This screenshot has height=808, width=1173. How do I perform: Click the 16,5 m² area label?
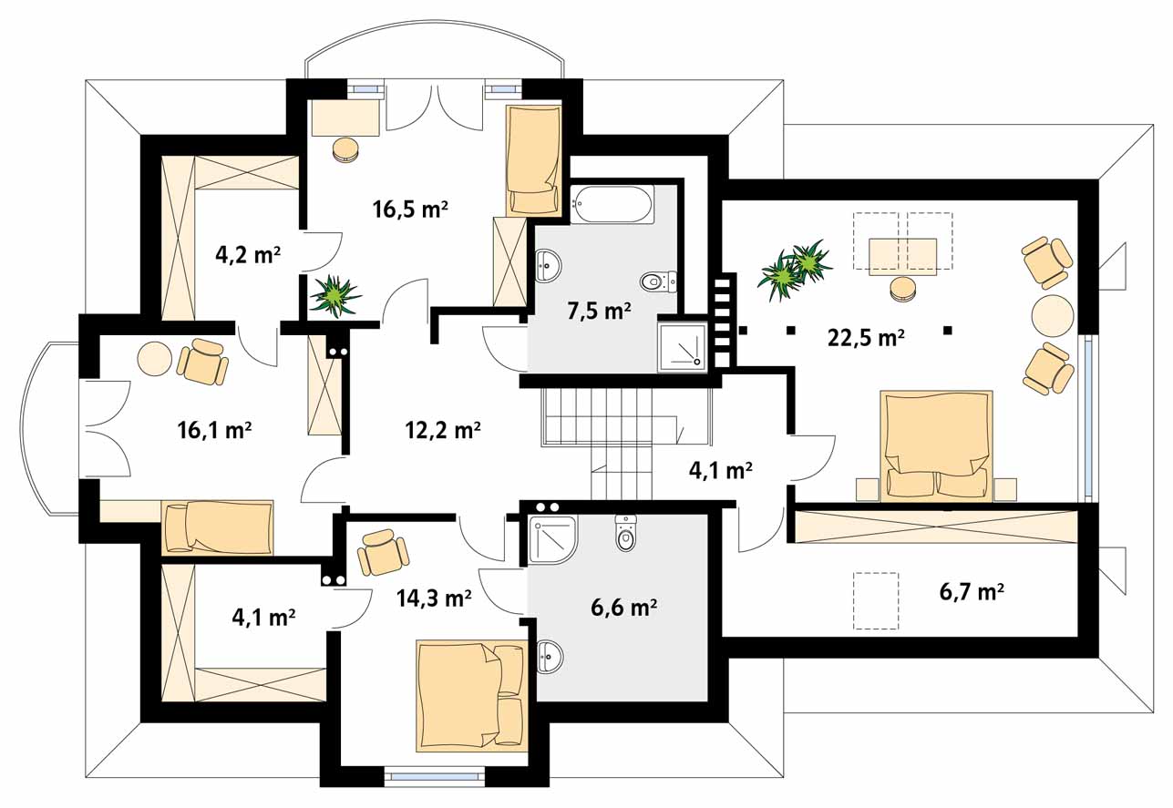410,210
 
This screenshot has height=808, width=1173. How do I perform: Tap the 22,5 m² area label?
866,338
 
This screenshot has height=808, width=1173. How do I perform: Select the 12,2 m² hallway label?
442,430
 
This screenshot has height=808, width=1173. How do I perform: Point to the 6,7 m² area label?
972,592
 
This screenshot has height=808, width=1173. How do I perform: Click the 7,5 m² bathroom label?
599,311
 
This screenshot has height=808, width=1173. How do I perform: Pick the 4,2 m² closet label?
248,255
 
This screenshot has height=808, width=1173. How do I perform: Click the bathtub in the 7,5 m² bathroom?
612,204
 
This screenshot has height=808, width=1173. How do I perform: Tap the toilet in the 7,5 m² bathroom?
658,282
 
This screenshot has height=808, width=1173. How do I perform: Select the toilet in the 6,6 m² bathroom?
626,533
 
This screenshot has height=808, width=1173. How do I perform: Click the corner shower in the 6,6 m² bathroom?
553,539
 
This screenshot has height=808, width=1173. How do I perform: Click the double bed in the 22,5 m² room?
936,446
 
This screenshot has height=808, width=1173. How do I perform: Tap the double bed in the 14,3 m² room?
472,696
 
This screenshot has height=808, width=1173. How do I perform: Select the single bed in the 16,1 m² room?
217,527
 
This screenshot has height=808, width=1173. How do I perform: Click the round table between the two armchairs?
1053,315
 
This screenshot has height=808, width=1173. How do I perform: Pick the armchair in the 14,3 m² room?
383,553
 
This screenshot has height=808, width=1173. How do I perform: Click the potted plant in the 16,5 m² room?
334,297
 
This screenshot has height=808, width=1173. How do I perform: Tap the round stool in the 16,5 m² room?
345,150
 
